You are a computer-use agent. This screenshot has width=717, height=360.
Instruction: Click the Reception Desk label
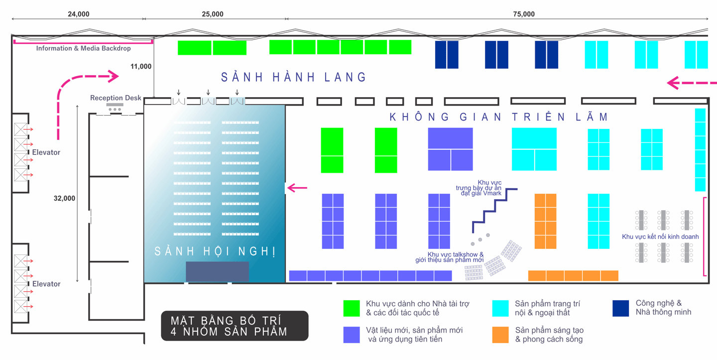tap(116, 98)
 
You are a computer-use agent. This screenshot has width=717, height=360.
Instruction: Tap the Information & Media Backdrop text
tap(83, 48)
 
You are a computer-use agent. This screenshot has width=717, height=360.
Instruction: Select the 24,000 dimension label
tap(79, 14)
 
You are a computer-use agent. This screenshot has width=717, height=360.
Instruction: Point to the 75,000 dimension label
tap(524, 14)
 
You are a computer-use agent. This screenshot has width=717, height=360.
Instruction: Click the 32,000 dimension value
tap(64, 198)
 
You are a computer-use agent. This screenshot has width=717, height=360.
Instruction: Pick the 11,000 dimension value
tap(141, 66)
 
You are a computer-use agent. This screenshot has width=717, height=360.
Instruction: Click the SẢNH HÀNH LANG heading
tap(294, 77)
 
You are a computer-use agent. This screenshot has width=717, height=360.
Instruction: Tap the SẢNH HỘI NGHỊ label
tap(215, 251)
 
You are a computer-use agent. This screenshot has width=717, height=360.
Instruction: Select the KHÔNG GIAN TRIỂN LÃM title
tap(498, 118)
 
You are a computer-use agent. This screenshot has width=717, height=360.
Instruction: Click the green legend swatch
tap(352, 308)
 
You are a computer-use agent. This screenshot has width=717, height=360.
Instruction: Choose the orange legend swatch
tap(500, 335)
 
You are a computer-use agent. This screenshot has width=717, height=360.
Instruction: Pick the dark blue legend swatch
tap(621, 308)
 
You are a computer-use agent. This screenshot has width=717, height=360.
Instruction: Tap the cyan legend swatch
tap(500, 308)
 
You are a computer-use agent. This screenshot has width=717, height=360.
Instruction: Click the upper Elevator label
tap(46, 152)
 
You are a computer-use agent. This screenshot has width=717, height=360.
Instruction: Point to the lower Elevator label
tap(46, 284)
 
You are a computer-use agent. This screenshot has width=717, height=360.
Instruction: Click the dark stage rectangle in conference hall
tap(217, 271)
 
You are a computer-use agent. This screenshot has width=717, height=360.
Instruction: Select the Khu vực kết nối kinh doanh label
tap(660, 237)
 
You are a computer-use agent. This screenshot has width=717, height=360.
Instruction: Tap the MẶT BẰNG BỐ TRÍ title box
tap(235, 326)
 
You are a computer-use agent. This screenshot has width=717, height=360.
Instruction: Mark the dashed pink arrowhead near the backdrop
tap(114, 76)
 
